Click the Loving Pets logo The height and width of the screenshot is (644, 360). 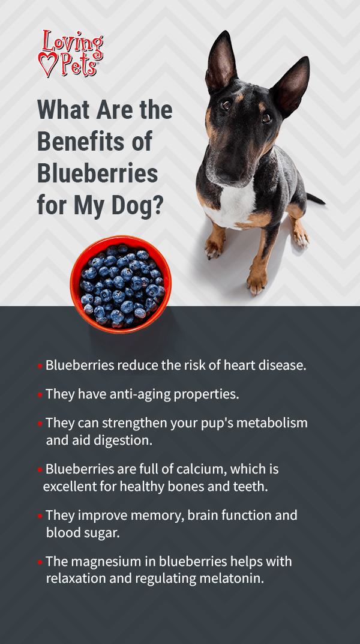[70, 53]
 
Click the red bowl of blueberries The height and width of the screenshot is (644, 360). [121, 284]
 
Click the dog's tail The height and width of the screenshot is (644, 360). [316, 199]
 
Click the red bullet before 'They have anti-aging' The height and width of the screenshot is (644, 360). [40, 395]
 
